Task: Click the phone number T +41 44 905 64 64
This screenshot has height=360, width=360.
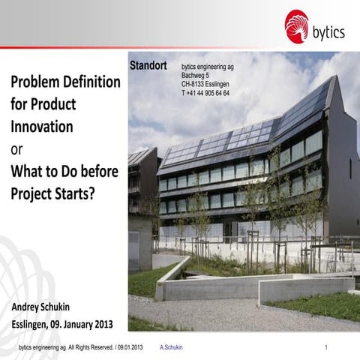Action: (x=205, y=93)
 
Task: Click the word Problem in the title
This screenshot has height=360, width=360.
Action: (x=37, y=82)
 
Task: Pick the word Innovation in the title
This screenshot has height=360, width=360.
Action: (x=42, y=126)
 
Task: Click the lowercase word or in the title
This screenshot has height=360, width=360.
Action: (x=16, y=148)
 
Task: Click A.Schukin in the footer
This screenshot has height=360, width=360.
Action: (x=172, y=348)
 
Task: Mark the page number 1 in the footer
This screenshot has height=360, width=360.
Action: (x=328, y=348)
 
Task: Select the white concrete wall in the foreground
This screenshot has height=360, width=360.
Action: (x=247, y=287)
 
